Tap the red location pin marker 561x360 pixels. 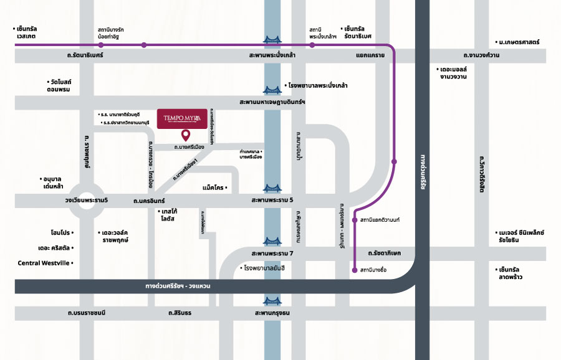click(185, 135)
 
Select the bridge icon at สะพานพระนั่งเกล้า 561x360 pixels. click(272, 41)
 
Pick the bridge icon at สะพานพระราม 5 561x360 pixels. click(272, 187)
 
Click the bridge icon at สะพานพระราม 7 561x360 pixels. click(272, 241)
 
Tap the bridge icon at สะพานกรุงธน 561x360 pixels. click(272, 300)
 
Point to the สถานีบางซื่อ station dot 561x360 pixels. click(355, 270)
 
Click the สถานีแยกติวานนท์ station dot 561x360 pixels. click(355, 220)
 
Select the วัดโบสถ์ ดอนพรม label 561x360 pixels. click(59, 86)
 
